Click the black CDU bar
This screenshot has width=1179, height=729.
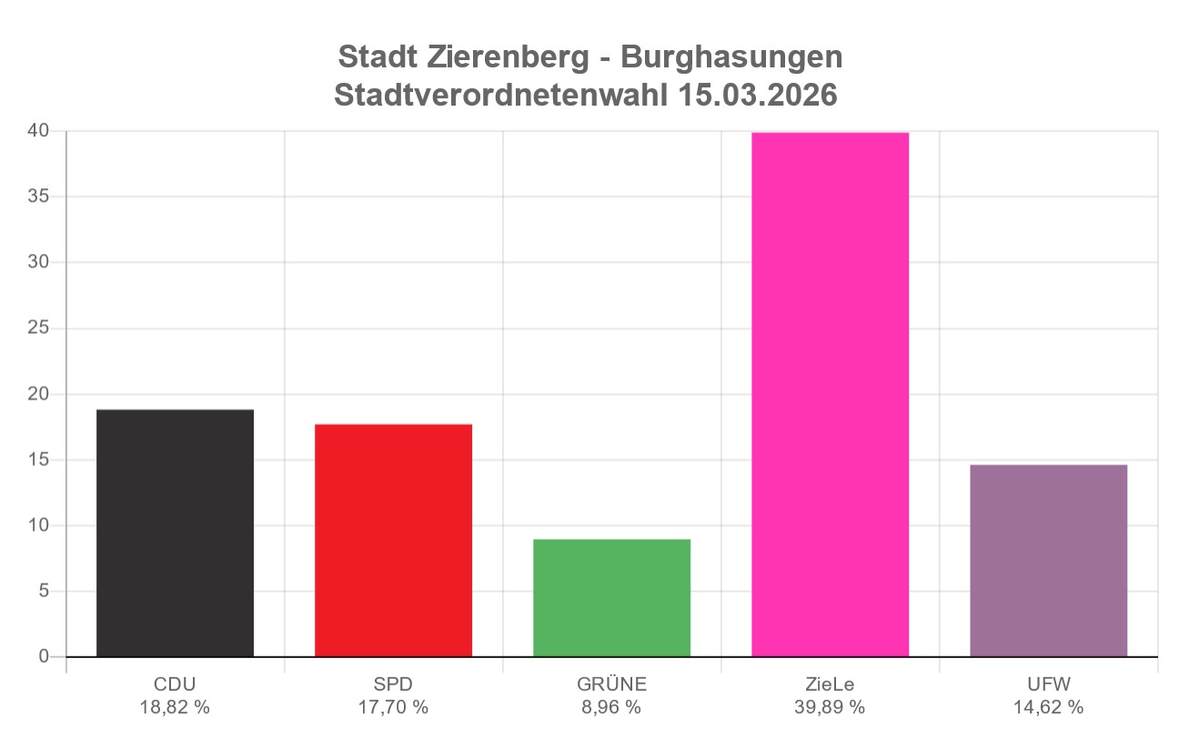(x=175, y=533)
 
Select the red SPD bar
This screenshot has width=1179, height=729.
(x=393, y=541)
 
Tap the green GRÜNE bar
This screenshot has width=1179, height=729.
(x=611, y=598)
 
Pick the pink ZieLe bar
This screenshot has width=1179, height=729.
(x=830, y=394)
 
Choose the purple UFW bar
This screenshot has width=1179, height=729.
(x=1048, y=561)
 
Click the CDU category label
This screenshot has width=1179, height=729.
(x=175, y=684)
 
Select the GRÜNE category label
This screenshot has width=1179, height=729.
(x=611, y=684)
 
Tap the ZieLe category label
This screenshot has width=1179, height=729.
(x=830, y=684)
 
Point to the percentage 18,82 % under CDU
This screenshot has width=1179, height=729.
(x=175, y=707)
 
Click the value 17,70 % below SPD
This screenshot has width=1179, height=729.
(x=393, y=707)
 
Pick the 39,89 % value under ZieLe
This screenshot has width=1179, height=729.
(x=830, y=707)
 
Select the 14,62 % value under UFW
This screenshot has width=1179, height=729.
(x=1048, y=707)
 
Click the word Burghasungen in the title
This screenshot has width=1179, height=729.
(x=731, y=57)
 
